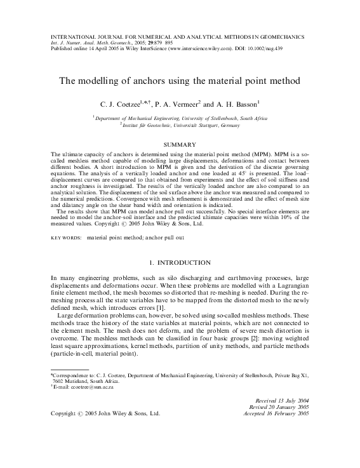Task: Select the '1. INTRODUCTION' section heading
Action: pyautogui.click(x=180, y=262)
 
